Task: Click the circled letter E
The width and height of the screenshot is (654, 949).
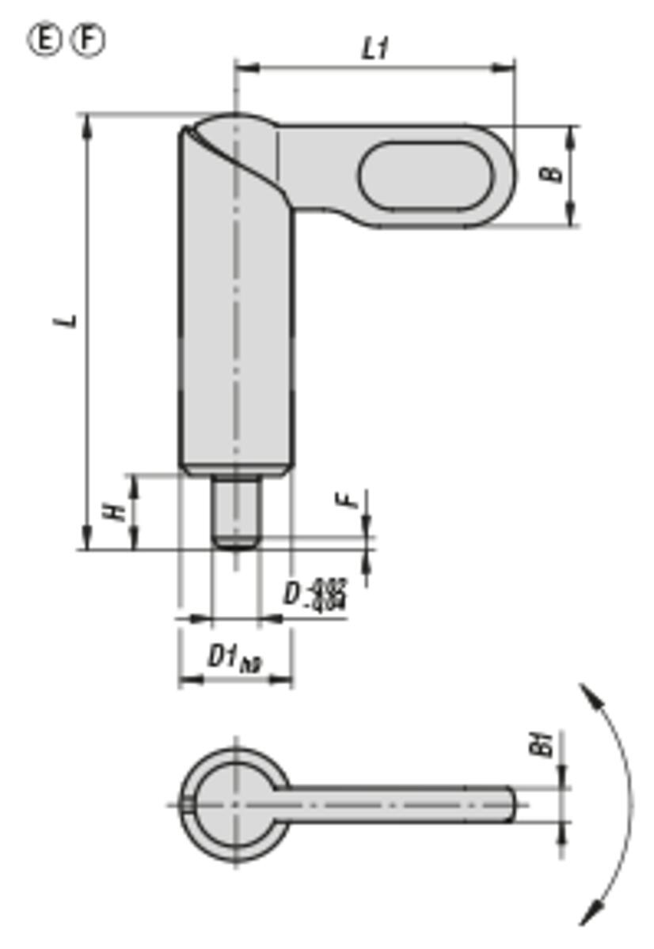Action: click(x=44, y=40)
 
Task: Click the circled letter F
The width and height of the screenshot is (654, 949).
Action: click(x=88, y=40)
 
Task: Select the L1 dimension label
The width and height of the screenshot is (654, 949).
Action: click(x=375, y=49)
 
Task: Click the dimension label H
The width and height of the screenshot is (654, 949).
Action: click(x=116, y=511)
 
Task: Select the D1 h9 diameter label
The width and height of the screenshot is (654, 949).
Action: click(x=234, y=657)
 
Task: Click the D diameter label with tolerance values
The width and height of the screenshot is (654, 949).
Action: click(x=315, y=593)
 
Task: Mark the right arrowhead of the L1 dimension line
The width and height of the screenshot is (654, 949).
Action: click(x=507, y=68)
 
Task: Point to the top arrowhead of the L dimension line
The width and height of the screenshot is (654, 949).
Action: click(x=87, y=121)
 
